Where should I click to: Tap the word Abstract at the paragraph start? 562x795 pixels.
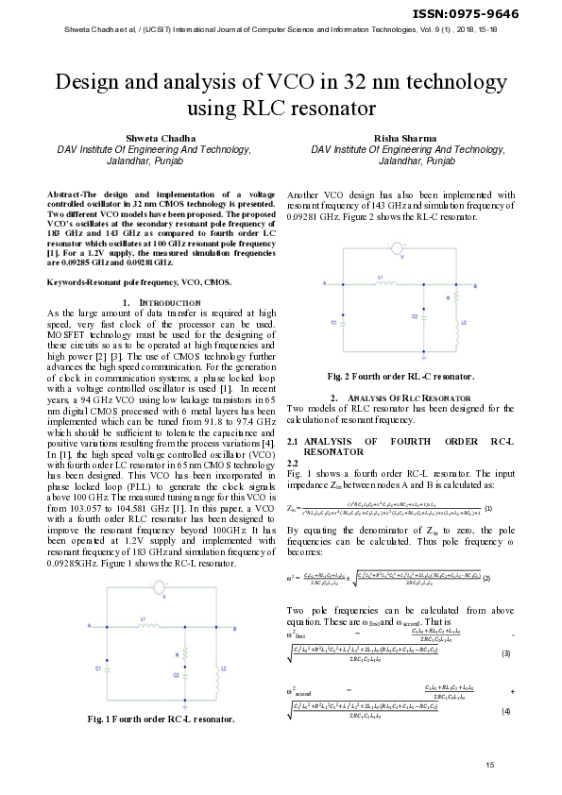[x=65, y=194]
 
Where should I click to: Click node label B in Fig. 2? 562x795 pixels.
[x=460, y=281]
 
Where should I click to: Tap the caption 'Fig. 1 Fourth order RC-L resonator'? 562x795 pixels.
[x=160, y=719]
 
